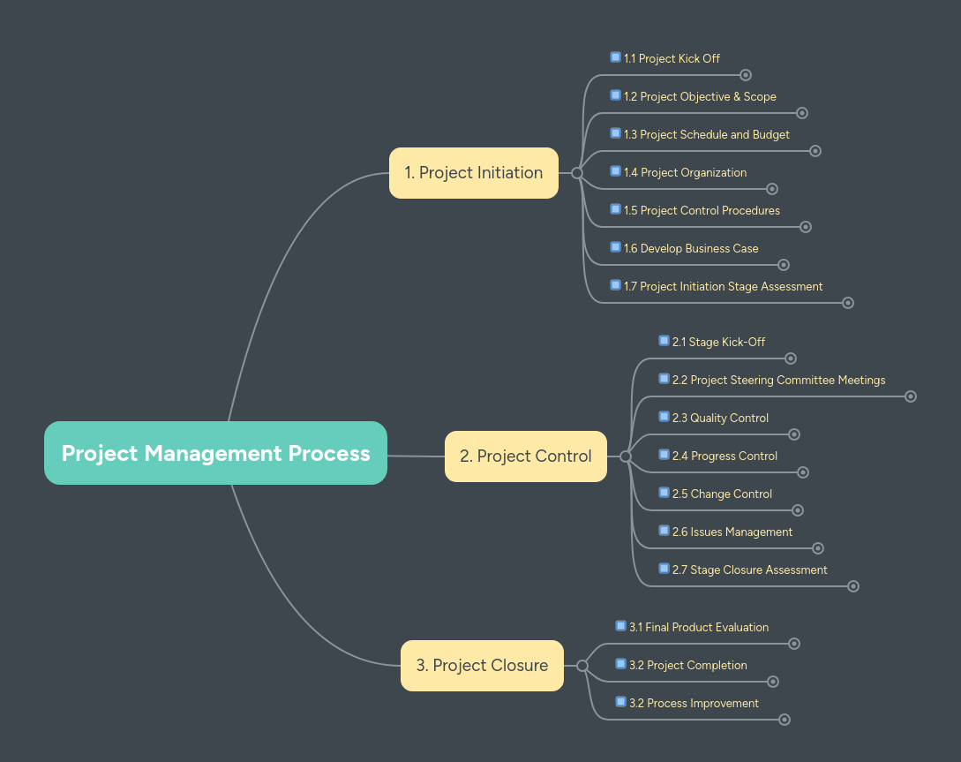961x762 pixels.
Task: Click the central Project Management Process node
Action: pyautogui.click(x=215, y=453)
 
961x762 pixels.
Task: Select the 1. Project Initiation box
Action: pyautogui.click(x=474, y=173)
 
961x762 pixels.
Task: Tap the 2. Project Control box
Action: pyautogui.click(x=526, y=456)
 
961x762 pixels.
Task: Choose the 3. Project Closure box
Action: pyautogui.click(x=482, y=666)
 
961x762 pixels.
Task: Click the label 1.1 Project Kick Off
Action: pyautogui.click(x=672, y=59)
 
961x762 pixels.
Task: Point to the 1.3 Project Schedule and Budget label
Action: pyautogui.click(x=706, y=135)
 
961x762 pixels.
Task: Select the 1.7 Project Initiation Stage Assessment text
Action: pyautogui.click(x=723, y=287)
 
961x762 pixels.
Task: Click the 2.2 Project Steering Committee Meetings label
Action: pyautogui.click(x=778, y=381)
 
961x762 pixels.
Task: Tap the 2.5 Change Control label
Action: pyautogui.click(x=722, y=494)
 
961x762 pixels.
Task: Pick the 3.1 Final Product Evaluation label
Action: pyautogui.click(x=698, y=628)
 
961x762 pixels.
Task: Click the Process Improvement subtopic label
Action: pyautogui.click(x=694, y=704)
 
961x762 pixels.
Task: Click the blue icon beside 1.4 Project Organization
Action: pyautogui.click(x=616, y=171)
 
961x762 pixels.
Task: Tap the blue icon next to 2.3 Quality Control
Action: pyautogui.click(x=664, y=417)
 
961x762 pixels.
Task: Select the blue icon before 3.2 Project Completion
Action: pyautogui.click(x=621, y=664)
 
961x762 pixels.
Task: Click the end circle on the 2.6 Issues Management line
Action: pyautogui.click(x=818, y=548)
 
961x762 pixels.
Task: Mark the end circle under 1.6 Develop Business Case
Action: pyautogui.click(x=784, y=265)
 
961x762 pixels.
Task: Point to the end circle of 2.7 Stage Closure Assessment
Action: pyautogui.click(x=853, y=586)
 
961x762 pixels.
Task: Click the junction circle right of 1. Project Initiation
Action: pyautogui.click(x=577, y=173)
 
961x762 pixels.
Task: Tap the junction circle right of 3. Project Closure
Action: pyautogui.click(x=582, y=666)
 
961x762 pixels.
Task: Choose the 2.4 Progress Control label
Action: pyautogui.click(x=725, y=456)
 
